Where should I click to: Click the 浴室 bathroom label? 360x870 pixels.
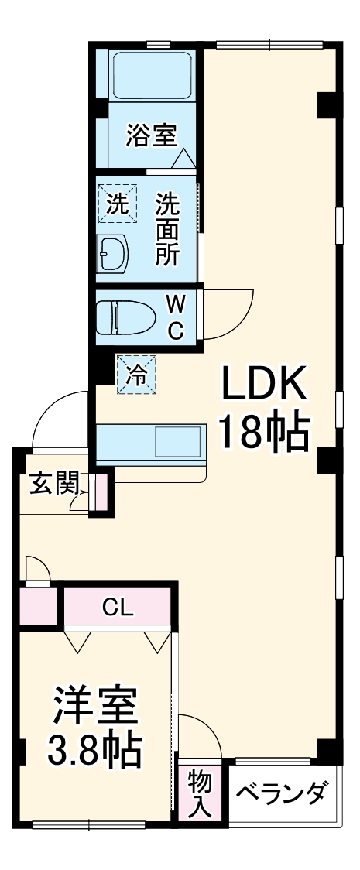(x=152, y=136)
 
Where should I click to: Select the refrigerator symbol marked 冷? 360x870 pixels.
(x=136, y=375)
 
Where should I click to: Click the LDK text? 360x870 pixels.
(x=266, y=383)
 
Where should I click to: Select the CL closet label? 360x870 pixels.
(x=118, y=607)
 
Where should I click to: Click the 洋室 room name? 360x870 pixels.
(x=96, y=705)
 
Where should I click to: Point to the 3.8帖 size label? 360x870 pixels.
(x=95, y=748)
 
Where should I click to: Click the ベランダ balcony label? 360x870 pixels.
(x=283, y=794)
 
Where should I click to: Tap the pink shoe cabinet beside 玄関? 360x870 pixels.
(x=100, y=492)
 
